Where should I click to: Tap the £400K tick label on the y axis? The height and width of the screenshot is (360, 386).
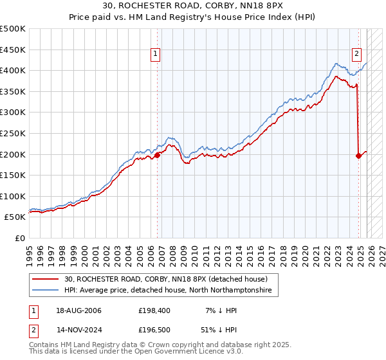pos(13,70)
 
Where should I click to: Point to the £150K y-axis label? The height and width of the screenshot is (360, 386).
pos(13,175)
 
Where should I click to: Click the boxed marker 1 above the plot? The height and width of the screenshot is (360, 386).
pos(156,55)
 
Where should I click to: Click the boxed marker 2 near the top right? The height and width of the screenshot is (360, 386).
pos(356,55)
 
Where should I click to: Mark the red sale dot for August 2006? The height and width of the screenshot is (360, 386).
pos(157,154)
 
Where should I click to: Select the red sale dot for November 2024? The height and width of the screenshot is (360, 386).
pos(358,155)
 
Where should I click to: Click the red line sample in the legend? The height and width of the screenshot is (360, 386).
pos(46,280)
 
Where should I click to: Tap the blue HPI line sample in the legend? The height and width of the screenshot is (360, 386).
pos(46,291)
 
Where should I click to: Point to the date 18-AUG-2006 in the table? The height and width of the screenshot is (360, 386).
pos(78,310)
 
